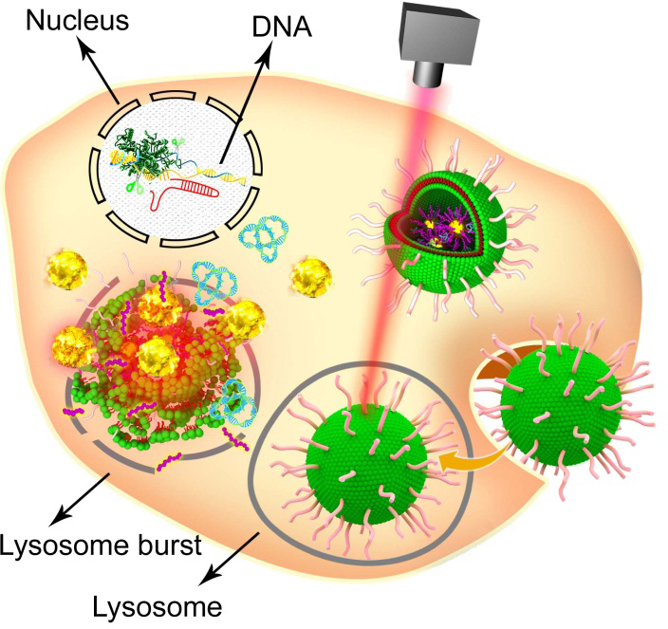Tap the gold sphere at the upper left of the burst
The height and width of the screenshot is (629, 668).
(67, 275)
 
